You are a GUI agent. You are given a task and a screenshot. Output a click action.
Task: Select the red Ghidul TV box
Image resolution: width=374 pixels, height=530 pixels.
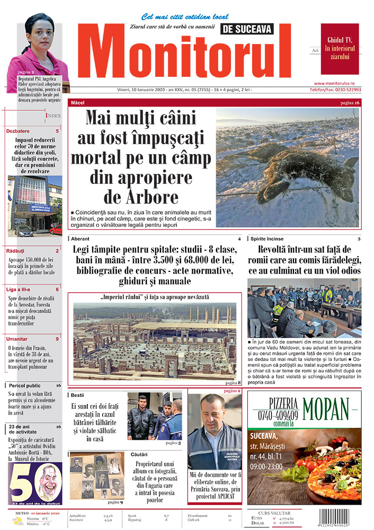[x=340, y=49]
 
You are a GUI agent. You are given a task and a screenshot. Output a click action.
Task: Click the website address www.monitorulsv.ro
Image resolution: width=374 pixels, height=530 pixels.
[x=337, y=83]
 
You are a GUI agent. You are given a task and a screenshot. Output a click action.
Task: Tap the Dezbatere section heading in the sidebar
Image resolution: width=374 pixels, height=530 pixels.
[x=19, y=130]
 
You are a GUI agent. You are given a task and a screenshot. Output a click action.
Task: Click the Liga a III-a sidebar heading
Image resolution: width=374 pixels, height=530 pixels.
[x=19, y=289]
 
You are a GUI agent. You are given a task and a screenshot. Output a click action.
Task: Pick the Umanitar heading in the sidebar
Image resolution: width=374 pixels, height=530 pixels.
[x=17, y=338]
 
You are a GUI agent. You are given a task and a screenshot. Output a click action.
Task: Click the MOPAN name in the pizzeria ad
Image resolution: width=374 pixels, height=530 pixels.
[x=326, y=408]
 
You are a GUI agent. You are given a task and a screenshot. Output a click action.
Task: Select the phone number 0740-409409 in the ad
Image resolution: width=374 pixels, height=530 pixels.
[x=275, y=416]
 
